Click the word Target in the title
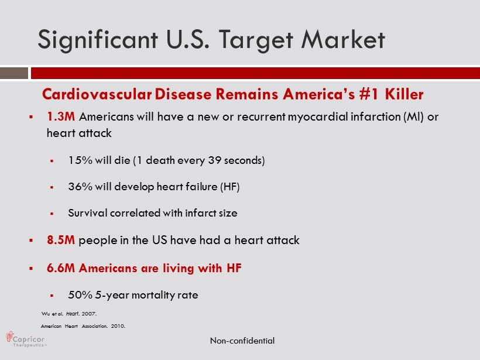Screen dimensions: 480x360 tap(255, 40)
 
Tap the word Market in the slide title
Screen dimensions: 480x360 tap(343, 39)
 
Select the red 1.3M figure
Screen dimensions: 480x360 tap(61, 116)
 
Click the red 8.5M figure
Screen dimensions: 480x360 tap(61, 240)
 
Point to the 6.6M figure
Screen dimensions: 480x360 tap(61, 268)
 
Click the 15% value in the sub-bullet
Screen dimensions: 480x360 tap(80, 160)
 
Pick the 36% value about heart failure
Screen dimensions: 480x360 tap(80, 186)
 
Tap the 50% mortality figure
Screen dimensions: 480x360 tap(80, 295)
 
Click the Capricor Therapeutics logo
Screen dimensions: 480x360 tap(26, 339)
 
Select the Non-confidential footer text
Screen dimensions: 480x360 tap(242, 341)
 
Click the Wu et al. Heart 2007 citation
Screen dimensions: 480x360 tap(69, 314)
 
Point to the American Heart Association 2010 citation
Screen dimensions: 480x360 tap(83, 326)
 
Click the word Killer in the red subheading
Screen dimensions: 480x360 tap(404, 94)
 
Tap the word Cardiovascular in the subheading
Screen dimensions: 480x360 tap(97, 94)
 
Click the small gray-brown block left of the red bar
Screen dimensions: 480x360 tap(14, 73)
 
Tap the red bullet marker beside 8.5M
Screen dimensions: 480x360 tap(31, 241)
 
